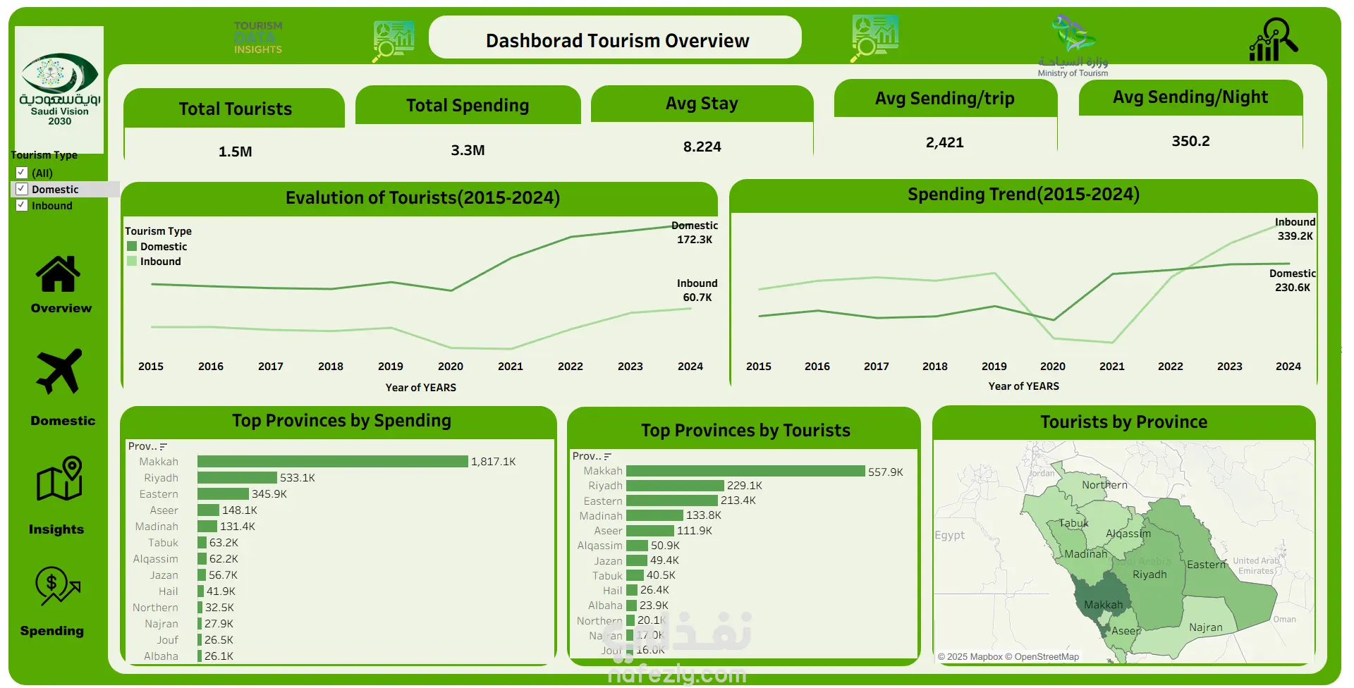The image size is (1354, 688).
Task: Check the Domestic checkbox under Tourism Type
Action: pos(22,189)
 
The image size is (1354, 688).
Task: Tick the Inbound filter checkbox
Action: pos(22,205)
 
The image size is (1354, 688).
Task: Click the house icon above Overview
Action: pos(58,274)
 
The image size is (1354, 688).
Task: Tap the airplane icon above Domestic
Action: pos(59,371)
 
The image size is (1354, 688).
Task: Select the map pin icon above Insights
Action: pos(60,479)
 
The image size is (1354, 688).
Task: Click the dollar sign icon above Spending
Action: pos(56,586)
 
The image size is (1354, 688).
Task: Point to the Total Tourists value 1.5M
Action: pos(235,152)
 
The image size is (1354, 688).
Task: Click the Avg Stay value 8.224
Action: pos(702,147)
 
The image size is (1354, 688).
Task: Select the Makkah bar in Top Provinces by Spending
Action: pos(332,462)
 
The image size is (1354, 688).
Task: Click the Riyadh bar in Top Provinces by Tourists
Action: pos(675,486)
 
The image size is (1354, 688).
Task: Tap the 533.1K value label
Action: pos(298,478)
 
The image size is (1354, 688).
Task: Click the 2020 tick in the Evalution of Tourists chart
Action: pos(451,367)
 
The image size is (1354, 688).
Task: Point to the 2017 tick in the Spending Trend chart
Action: pos(876,367)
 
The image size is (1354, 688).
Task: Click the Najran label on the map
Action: pos(1205,627)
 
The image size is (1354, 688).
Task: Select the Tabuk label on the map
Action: pos(1073,523)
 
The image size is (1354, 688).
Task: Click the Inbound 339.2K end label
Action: pos(1295,229)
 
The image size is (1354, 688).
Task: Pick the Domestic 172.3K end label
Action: pos(695,233)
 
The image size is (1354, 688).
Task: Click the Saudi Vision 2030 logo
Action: pos(59,89)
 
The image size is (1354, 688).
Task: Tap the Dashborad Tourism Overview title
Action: pos(617,41)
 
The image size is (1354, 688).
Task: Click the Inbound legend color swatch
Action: pos(132,262)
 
